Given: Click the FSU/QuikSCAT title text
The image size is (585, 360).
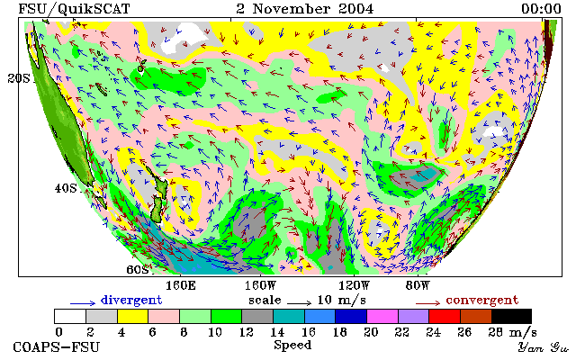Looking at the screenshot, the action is (74, 9).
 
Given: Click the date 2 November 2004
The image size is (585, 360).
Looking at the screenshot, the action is (305, 9).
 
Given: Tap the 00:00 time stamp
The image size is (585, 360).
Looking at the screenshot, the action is (541, 9).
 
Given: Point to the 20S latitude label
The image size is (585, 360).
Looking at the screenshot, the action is (19, 78).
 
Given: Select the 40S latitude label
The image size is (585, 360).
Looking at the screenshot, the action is (66, 188).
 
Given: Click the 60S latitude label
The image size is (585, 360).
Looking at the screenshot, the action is (138, 269).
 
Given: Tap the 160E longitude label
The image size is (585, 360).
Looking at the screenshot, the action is (180, 286).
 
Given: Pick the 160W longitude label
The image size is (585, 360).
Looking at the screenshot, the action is (260, 286).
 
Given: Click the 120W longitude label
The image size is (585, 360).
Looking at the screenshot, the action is (354, 286).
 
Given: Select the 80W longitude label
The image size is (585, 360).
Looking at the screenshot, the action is (418, 286).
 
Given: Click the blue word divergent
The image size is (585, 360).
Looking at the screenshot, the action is (131, 301).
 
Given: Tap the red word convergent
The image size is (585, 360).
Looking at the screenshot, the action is (482, 301).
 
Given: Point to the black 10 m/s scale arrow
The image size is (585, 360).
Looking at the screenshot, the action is (299, 303).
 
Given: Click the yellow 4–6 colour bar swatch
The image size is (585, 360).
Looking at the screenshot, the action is (132, 316).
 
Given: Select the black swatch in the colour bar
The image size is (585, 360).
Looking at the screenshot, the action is (511, 316).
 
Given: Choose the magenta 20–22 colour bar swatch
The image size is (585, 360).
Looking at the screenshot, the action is (382, 316).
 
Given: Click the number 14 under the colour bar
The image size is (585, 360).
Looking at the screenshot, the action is (277, 332).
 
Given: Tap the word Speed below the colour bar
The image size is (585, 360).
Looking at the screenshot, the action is (292, 346).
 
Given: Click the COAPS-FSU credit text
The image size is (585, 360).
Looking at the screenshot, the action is (57, 347).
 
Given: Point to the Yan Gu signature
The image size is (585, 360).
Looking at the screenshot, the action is (543, 348).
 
